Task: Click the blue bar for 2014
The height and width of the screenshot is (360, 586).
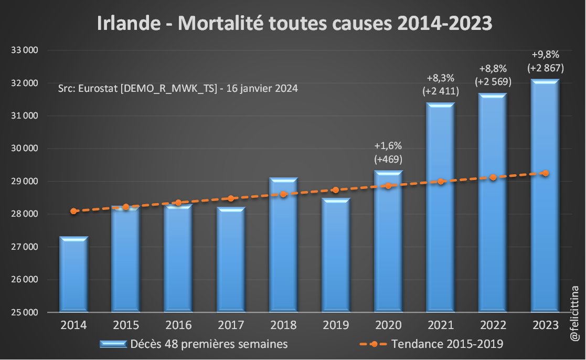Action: click(73, 276)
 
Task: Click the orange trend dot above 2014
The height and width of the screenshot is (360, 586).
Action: click(73, 211)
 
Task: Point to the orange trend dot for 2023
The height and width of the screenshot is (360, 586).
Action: click(546, 173)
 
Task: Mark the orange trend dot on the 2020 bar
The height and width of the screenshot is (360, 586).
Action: click(388, 186)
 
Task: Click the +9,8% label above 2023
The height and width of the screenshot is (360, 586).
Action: click(545, 54)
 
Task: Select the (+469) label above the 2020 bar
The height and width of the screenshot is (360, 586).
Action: click(388, 159)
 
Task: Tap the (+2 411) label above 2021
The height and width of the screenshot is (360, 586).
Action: click(440, 91)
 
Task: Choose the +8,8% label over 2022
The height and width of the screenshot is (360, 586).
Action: click(493, 69)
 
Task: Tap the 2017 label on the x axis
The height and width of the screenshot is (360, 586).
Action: click(231, 325)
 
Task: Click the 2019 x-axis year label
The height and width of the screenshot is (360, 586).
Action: click(336, 325)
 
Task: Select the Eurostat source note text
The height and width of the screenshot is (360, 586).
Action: click(178, 89)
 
